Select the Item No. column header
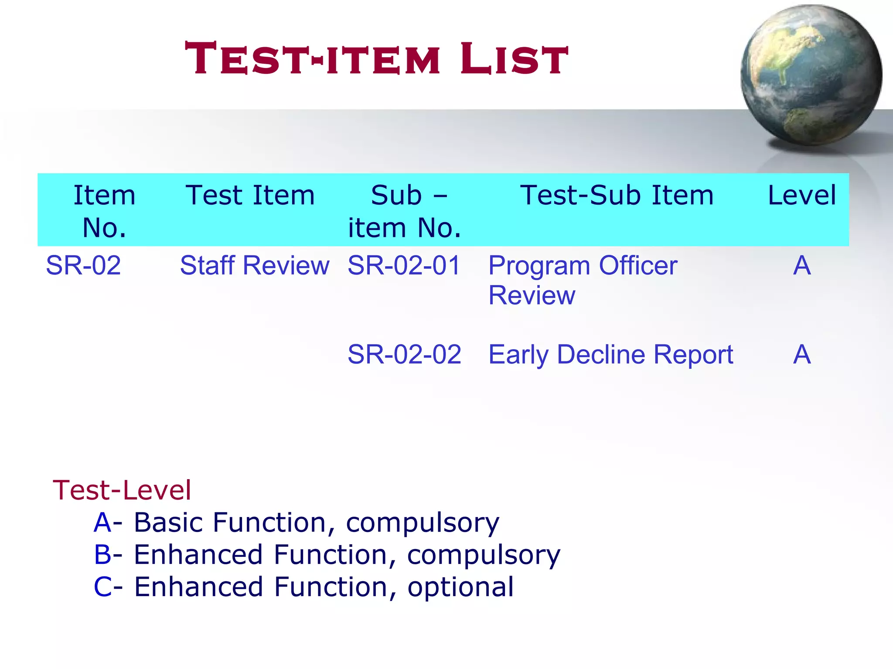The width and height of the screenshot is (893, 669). (x=104, y=211)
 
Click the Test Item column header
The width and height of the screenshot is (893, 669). (x=250, y=195)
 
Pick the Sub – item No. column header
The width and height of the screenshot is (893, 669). (x=405, y=211)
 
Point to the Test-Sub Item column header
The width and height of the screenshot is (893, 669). (x=617, y=195)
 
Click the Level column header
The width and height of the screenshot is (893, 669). (x=801, y=195)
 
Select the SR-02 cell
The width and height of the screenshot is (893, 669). (x=83, y=265)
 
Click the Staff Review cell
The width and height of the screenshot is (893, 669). (x=255, y=265)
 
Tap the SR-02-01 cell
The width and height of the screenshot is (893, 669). (x=404, y=265)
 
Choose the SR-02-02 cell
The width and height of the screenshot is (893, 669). (x=404, y=354)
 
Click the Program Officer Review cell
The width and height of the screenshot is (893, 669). (x=583, y=280)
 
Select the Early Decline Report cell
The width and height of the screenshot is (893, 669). (x=610, y=354)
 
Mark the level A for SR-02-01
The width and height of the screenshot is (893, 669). (x=802, y=265)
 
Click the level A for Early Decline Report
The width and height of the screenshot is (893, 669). (x=802, y=354)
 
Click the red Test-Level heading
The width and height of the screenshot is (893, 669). (x=122, y=490)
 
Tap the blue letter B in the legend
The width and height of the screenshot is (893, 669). (x=103, y=555)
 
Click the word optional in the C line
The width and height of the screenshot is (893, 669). (x=460, y=587)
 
